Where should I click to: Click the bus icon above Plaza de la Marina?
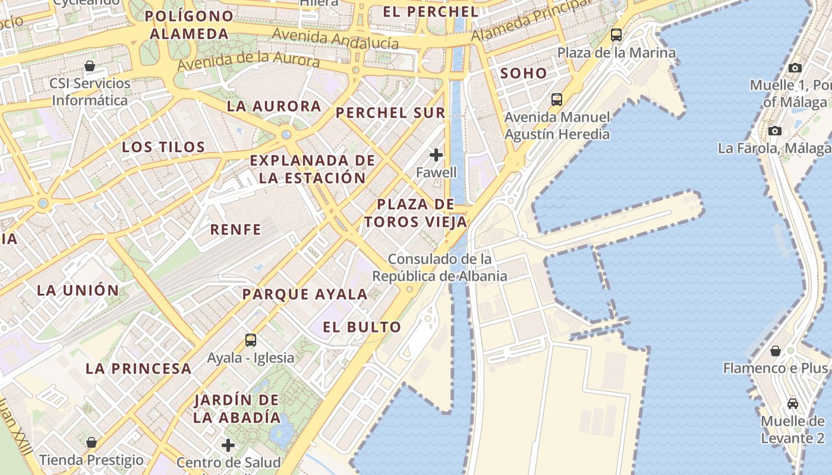tap(616, 35)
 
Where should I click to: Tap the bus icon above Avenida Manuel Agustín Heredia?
tap(557, 99)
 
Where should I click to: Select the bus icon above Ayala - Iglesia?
tap(251, 340)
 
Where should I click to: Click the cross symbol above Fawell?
tap(436, 155)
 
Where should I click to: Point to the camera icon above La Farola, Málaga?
tap(775, 131)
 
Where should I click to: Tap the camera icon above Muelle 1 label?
tap(795, 68)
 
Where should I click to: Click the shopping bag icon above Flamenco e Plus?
tap(775, 351)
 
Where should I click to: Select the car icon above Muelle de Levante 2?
tap(792, 404)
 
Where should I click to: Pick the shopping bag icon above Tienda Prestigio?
tap(92, 442)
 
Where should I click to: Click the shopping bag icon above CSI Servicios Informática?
tap(90, 65)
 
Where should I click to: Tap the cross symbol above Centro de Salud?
tap(228, 445)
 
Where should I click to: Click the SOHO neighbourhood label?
tap(523, 74)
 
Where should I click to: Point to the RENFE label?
tap(236, 229)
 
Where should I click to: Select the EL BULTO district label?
tap(362, 327)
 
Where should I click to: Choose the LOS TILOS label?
tap(163, 147)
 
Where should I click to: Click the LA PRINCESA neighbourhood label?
tap(138, 368)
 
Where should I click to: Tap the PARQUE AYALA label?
tap(305, 294)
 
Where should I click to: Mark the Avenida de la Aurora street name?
tap(248, 60)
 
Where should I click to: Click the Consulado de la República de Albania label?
tap(440, 268)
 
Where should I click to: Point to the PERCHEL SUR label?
tap(390, 113)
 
